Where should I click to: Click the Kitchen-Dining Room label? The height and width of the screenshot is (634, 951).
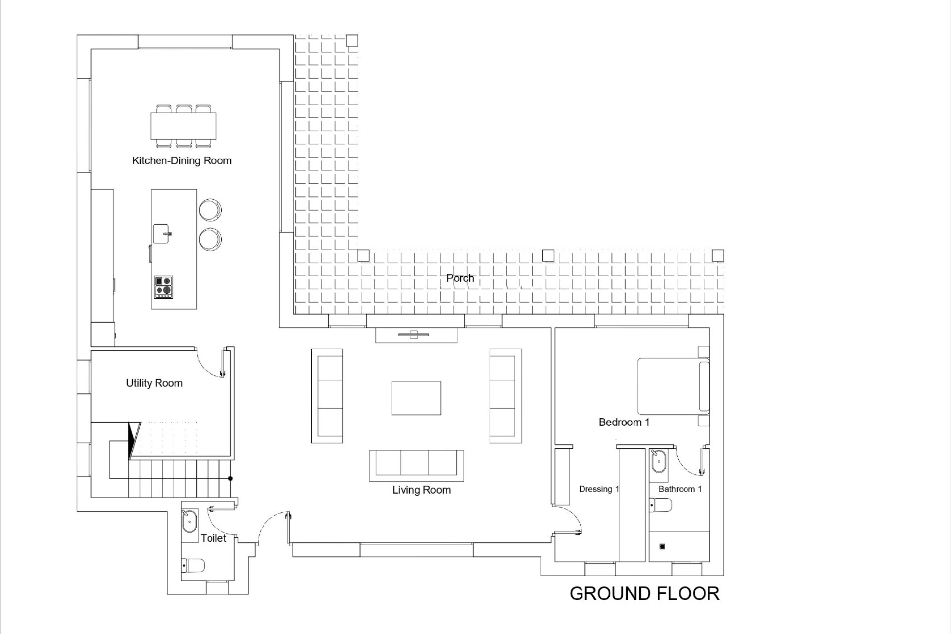[182, 161]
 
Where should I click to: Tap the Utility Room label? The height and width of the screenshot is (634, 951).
[154, 383]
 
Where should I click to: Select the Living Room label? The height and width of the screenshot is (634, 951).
[422, 490]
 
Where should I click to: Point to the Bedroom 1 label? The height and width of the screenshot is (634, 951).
[624, 423]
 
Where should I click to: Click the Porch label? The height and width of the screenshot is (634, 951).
[460, 278]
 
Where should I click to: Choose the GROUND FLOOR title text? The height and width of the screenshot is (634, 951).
[644, 594]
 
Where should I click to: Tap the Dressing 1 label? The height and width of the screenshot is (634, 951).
[599, 489]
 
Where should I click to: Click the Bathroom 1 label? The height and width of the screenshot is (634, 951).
[680, 489]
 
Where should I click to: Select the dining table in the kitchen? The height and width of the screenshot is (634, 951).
[184, 126]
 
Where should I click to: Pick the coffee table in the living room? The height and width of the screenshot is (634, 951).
[416, 398]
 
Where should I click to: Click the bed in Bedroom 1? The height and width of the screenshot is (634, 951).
[674, 386]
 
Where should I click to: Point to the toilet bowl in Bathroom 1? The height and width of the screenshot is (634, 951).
[661, 505]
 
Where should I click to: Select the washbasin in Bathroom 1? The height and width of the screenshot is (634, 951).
[659, 461]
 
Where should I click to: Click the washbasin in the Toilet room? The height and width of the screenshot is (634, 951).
[190, 522]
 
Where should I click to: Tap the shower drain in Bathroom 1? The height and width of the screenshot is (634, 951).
[663, 547]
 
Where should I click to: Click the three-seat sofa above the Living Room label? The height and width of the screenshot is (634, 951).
[416, 466]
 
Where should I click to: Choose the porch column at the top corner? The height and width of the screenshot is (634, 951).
[352, 40]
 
